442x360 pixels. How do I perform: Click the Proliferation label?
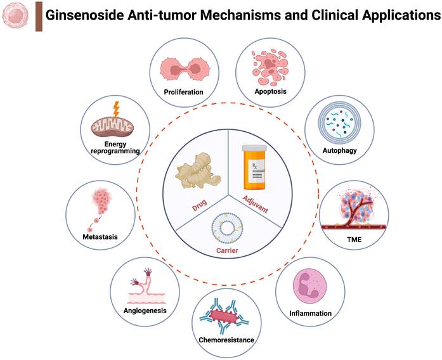(182, 92)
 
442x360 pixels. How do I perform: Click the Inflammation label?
(310, 312)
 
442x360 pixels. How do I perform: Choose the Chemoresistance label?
(226, 340)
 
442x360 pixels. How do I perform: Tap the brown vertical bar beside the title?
(38, 16)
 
